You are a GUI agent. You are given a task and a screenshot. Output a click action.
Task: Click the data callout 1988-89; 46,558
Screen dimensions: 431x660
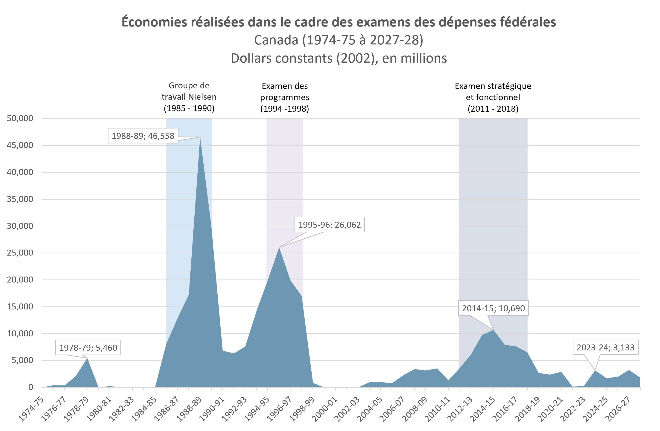click(x=143, y=136)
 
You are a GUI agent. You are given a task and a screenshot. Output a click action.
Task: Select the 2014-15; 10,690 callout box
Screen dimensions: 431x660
click(x=493, y=308)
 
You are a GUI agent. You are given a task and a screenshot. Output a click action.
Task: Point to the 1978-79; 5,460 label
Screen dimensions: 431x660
click(x=88, y=348)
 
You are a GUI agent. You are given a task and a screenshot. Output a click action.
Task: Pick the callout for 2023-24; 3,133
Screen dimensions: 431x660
click(x=605, y=348)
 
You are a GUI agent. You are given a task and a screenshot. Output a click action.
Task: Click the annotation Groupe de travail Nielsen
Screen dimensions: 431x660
click(x=189, y=91)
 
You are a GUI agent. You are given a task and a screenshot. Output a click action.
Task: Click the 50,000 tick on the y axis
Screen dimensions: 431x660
click(x=20, y=118)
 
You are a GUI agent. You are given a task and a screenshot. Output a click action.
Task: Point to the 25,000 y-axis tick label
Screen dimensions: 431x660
click(x=20, y=253)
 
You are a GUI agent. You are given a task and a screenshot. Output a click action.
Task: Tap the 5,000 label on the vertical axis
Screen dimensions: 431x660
click(x=22, y=360)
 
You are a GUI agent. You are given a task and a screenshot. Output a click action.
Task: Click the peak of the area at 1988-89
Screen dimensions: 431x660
click(x=200, y=138)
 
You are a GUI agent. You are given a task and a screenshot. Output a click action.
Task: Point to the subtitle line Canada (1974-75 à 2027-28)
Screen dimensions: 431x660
click(x=338, y=40)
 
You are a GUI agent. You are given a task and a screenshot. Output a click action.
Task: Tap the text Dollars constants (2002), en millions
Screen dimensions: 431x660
click(x=338, y=58)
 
